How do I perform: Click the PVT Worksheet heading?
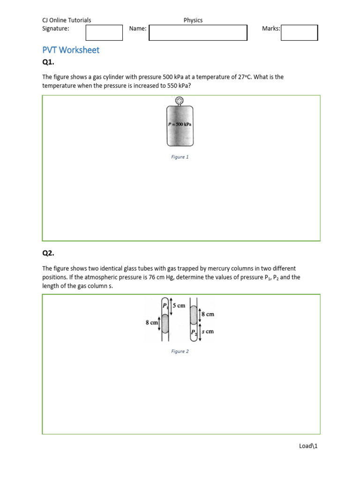click(x=71, y=50)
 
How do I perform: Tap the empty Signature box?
click(x=104, y=33)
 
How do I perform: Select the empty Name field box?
click(x=198, y=33)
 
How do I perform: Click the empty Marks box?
click(x=299, y=33)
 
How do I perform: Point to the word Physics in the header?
click(x=193, y=20)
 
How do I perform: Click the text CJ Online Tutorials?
click(x=67, y=20)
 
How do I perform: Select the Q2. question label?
click(x=49, y=253)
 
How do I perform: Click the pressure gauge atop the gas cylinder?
click(x=180, y=100)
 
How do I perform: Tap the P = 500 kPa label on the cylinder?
click(x=180, y=125)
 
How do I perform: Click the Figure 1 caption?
click(x=180, y=157)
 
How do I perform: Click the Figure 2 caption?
click(x=180, y=351)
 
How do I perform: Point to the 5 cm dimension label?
click(x=179, y=306)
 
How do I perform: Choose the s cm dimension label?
click(x=208, y=331)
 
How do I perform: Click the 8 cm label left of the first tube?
click(x=152, y=322)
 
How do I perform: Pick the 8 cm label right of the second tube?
click(x=208, y=314)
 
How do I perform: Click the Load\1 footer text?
click(x=308, y=446)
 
